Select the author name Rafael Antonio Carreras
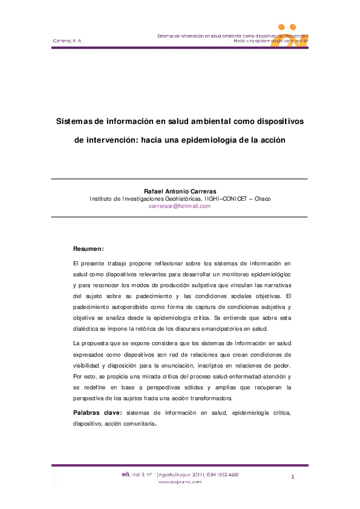[180, 190]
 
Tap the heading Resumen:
[88, 248]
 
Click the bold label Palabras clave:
[97, 412]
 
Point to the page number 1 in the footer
[293, 478]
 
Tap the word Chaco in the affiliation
[263, 198]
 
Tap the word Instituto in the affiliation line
[102, 198]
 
